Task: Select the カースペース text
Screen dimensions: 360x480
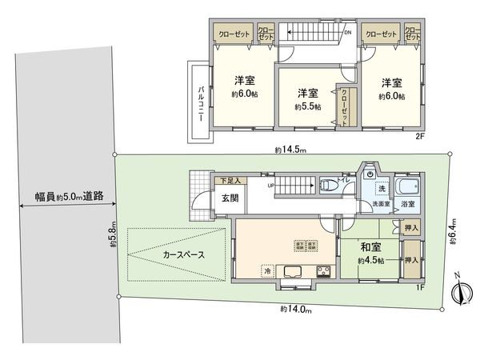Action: [x=183, y=255]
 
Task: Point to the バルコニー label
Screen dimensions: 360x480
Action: [x=200, y=102]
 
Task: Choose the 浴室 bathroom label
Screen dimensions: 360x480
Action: [x=407, y=205]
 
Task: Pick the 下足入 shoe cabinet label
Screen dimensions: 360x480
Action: [x=231, y=182]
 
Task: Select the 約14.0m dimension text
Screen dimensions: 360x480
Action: [x=295, y=308]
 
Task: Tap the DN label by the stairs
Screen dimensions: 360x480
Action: [x=347, y=33]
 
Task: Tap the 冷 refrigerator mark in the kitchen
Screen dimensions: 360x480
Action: [x=267, y=271]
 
